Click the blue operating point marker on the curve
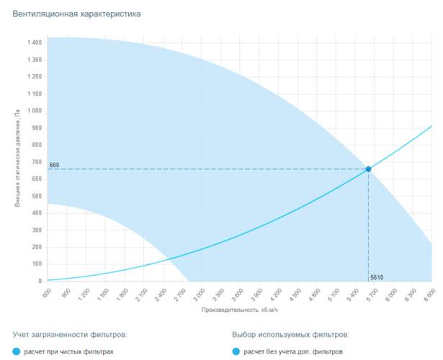point(369,169)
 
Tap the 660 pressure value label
point(54,165)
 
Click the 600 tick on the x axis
point(46,292)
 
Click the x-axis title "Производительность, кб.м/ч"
point(239,310)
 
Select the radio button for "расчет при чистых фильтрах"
point(17,352)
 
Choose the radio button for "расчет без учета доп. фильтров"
point(236,352)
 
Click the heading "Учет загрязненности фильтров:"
point(70,335)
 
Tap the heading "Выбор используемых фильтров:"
point(290,335)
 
